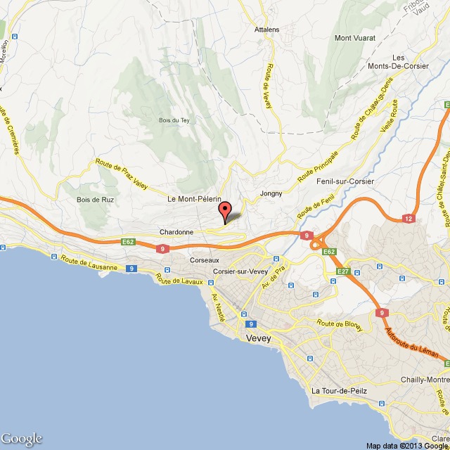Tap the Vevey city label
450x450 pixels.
(259, 338)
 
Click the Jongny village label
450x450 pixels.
(271, 193)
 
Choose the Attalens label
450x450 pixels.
(266, 30)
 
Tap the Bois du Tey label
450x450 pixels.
(175, 120)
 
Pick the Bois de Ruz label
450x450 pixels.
(91, 200)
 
